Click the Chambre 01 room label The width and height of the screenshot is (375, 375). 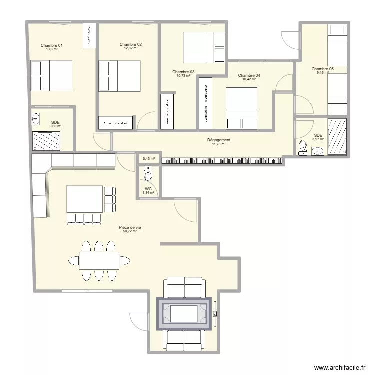[x=51, y=45]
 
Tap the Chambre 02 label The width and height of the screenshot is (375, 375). [x=130, y=44]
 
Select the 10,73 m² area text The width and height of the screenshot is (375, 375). [x=183, y=76]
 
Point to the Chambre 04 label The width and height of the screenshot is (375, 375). [x=249, y=75]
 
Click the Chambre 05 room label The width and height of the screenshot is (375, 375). [x=322, y=69]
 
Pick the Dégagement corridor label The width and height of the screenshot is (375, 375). [x=218, y=140]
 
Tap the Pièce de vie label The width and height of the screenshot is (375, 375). [x=130, y=227]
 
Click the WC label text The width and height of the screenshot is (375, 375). [x=148, y=189]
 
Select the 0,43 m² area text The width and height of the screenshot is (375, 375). [x=149, y=159]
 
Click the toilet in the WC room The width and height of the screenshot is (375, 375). [x=148, y=175]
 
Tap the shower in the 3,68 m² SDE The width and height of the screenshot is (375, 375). [x=46, y=140]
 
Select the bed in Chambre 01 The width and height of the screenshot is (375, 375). [x=51, y=75]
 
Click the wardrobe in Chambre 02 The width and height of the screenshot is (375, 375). [x=116, y=123]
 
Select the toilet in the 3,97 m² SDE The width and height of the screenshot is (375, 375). [x=302, y=147]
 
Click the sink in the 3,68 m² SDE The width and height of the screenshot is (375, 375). [x=36, y=119]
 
